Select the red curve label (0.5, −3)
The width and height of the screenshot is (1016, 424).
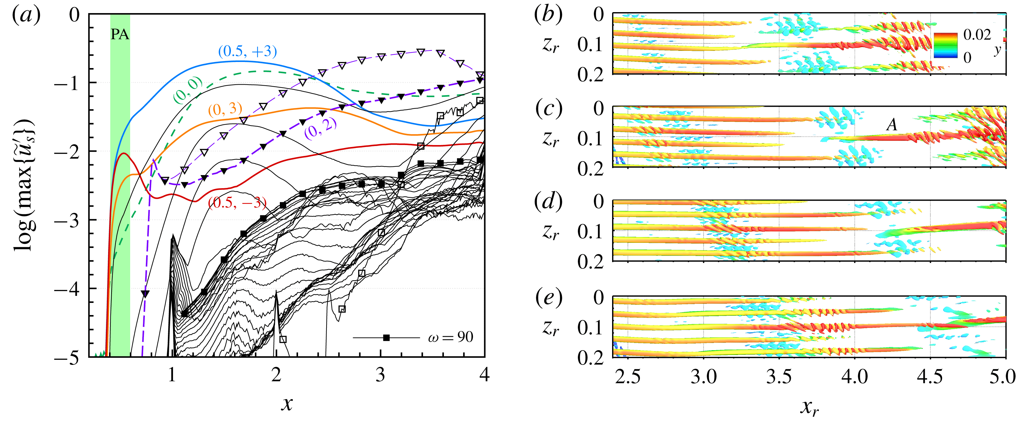tap(237, 203)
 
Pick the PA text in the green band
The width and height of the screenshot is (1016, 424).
tap(120, 35)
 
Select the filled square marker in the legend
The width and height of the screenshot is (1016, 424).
tap(387, 338)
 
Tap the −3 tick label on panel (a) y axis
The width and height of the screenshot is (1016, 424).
tap(66, 220)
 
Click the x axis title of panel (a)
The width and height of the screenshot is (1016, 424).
tap(287, 403)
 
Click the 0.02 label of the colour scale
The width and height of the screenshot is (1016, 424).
tap(977, 35)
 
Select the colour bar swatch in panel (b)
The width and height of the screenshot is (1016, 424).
tap(945, 45)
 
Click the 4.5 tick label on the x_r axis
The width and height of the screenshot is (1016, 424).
tap(930, 376)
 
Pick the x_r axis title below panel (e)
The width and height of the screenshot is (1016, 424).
tap(809, 407)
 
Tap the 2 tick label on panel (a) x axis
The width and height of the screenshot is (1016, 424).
tap(276, 374)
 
